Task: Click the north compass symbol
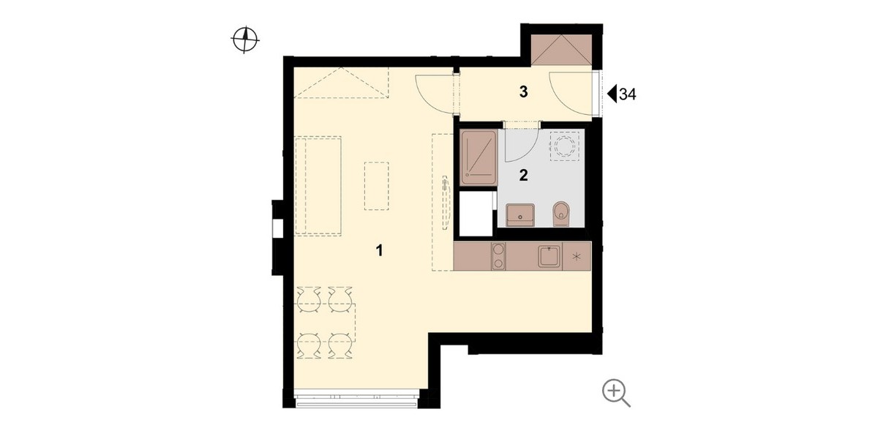pyautogui.click(x=245, y=40)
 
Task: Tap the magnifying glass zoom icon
pyautogui.click(x=616, y=393)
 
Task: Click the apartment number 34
pyautogui.click(x=628, y=94)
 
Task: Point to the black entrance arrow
pyautogui.click(x=612, y=94)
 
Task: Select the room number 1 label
pyautogui.click(x=379, y=250)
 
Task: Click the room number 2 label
pyautogui.click(x=523, y=175)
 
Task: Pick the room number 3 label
pyautogui.click(x=523, y=91)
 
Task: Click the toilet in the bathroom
pyautogui.click(x=561, y=214)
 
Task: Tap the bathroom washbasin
pyautogui.click(x=520, y=215)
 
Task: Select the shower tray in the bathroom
pyautogui.click(x=479, y=157)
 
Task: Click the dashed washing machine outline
pyautogui.click(x=565, y=146)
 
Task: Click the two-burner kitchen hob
pyautogui.click(x=498, y=256)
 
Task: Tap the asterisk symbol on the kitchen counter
pyautogui.click(x=577, y=257)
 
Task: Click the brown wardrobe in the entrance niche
pyautogui.click(x=561, y=50)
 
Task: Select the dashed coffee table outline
pyautogui.click(x=377, y=186)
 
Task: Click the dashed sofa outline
pyautogui.click(x=318, y=185)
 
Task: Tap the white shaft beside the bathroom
pyautogui.click(x=476, y=214)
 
